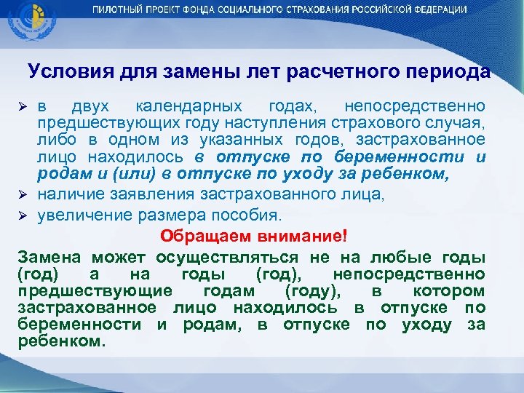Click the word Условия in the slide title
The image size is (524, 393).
tap(63, 72)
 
